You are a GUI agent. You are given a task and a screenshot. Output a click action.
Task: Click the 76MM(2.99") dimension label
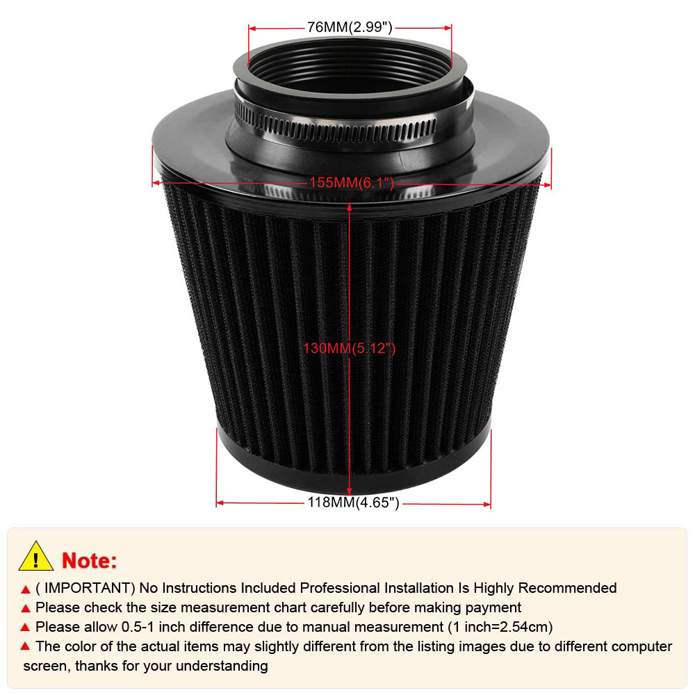click(x=350, y=28)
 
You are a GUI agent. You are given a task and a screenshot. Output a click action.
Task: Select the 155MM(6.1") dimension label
click(x=352, y=183)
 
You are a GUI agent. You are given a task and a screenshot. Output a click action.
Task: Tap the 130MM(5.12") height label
click(x=350, y=348)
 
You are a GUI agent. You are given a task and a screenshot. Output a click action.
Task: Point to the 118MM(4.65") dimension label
click(x=353, y=502)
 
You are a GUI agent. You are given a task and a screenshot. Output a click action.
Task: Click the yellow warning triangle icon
click(x=36, y=557)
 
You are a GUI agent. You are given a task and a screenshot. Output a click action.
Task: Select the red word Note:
click(x=90, y=561)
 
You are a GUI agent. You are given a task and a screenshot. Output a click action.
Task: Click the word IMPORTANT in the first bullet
click(x=88, y=588)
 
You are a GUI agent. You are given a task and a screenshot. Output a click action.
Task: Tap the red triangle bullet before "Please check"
click(x=26, y=609)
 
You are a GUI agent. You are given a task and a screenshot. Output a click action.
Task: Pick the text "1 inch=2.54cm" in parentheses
click(x=500, y=627)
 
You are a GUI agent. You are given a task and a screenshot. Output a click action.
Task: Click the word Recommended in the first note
click(x=567, y=588)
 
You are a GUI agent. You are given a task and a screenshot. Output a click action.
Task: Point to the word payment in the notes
click(x=493, y=608)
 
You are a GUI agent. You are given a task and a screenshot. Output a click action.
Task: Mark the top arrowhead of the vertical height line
click(x=350, y=207)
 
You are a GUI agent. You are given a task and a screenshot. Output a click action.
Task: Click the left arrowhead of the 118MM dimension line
click(x=220, y=503)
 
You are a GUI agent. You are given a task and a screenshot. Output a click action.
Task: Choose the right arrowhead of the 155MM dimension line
click(x=548, y=186)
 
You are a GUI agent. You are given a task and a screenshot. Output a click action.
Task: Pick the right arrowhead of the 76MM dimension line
click(x=448, y=28)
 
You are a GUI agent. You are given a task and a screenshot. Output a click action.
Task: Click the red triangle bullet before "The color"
click(x=26, y=646)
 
